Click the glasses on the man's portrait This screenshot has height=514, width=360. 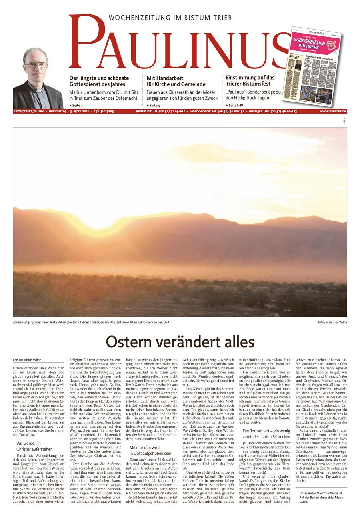(36, 64)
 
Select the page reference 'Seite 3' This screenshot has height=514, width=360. (76, 105)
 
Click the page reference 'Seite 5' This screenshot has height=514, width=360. (153, 105)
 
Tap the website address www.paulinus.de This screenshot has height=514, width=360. (333, 111)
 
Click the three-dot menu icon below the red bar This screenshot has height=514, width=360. (344, 121)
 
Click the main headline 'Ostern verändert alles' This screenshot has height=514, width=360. (180, 342)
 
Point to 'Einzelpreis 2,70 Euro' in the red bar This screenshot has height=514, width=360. (29, 111)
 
